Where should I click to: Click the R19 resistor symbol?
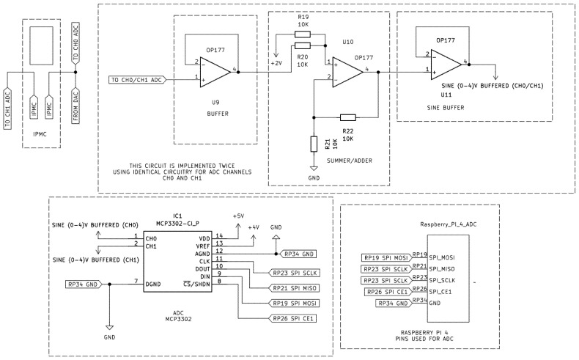(303, 34)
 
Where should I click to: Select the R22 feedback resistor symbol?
(348, 118)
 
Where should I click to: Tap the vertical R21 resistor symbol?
(314, 144)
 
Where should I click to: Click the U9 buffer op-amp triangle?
(215, 73)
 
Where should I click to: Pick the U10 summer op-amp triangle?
(348, 72)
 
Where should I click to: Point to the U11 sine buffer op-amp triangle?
(446, 65)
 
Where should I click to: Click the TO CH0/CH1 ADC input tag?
(137, 80)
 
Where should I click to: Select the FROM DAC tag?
(75, 106)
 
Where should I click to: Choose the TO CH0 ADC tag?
(75, 43)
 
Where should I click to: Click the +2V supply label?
(276, 63)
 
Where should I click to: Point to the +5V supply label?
(238, 216)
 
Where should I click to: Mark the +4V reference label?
(254, 227)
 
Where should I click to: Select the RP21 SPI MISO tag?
(295, 288)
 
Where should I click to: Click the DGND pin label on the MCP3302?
(153, 284)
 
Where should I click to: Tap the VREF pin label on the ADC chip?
(203, 246)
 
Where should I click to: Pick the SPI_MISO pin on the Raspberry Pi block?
(442, 269)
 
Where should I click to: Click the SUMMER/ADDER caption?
(350, 161)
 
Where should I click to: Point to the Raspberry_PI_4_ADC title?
(449, 224)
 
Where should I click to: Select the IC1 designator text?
(177, 216)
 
